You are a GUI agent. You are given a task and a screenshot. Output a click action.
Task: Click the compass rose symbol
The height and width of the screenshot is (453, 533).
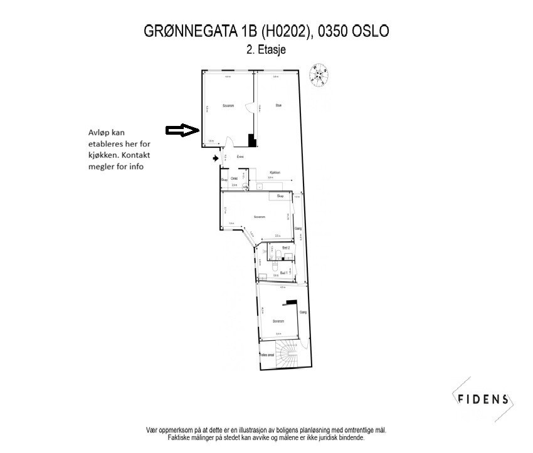tap(320, 75)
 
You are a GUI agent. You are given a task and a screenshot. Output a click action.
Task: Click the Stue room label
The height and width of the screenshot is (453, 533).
tap(278, 105)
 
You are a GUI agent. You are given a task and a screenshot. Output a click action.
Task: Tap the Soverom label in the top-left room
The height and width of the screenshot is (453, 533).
tap(228, 106)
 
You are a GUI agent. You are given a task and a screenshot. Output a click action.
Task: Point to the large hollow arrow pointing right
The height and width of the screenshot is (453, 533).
tap(182, 130)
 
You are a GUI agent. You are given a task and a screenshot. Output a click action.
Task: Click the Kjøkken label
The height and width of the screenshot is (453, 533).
tap(274, 172)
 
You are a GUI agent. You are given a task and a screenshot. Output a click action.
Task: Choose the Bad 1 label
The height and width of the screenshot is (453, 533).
tap(284, 273)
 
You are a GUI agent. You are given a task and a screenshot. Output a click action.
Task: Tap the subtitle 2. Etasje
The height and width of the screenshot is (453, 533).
tap(266, 51)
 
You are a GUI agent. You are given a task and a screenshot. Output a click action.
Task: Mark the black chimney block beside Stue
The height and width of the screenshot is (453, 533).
tap(252, 140)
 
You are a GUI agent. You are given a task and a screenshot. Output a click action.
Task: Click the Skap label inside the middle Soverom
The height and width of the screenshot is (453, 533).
tap(280, 196)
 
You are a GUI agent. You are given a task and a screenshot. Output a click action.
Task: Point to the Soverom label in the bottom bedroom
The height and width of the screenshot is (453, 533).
tap(278, 320)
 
